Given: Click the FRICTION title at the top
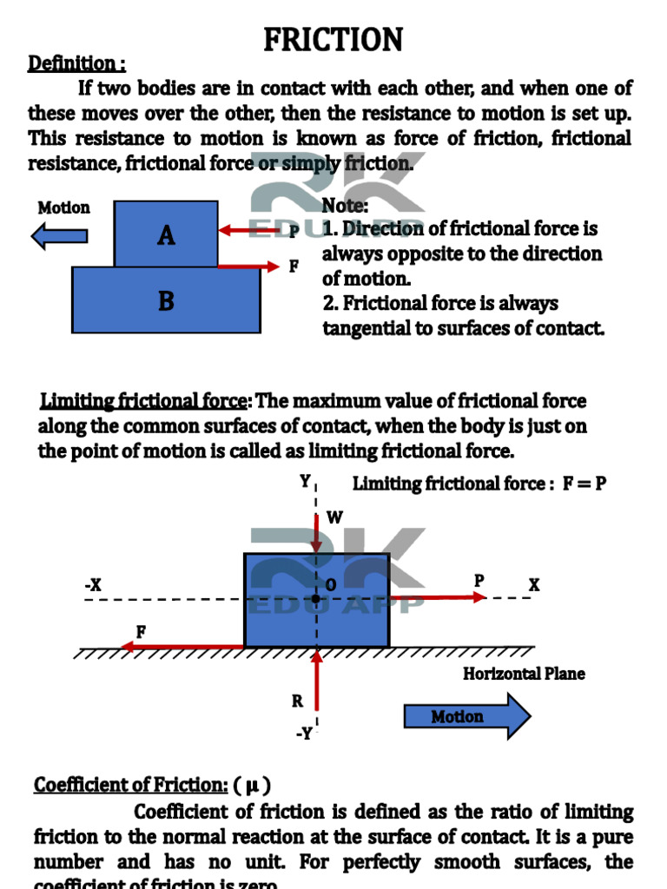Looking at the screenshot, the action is (x=333, y=39).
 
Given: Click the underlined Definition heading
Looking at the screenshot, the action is (x=76, y=63).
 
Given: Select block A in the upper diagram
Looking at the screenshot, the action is (x=166, y=234).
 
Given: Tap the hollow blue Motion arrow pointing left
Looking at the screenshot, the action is (x=59, y=235).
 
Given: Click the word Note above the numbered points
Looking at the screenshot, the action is (x=345, y=206).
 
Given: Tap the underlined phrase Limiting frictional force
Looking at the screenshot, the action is (x=144, y=401).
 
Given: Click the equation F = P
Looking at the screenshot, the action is (x=584, y=484).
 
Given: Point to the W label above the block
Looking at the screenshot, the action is (x=334, y=518).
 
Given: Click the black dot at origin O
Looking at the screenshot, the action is (x=316, y=599).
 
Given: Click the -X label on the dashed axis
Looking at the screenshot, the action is (x=93, y=586).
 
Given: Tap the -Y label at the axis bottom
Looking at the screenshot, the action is (x=303, y=734).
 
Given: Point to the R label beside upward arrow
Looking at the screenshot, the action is (x=297, y=701).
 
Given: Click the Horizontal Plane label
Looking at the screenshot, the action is (x=524, y=674).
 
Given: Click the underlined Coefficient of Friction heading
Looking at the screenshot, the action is (x=130, y=785).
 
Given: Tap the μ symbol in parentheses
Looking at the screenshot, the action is (x=252, y=785).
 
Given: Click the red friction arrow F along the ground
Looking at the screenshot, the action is (x=182, y=647).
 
